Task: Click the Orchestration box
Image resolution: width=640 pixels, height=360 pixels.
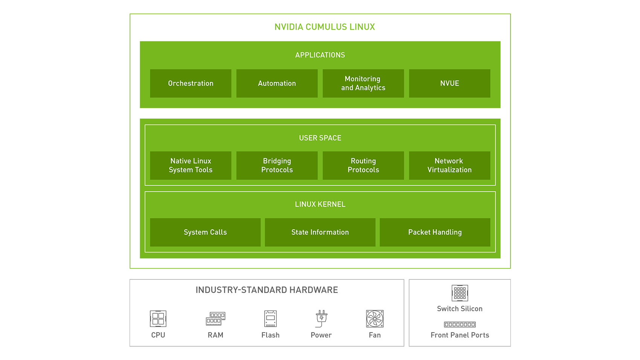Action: tap(190, 83)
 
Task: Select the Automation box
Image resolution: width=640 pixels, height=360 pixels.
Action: tap(277, 83)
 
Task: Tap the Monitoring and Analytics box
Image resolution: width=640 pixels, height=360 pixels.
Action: tap(363, 83)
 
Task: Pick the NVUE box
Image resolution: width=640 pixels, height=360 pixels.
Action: tap(450, 83)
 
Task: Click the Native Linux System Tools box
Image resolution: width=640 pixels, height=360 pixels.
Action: tap(190, 165)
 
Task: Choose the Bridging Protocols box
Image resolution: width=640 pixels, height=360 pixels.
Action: tap(277, 165)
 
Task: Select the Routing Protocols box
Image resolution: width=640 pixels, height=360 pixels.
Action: tap(363, 165)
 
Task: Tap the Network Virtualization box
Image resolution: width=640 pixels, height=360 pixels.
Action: tap(450, 165)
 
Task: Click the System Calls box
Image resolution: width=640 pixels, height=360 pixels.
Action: tap(205, 232)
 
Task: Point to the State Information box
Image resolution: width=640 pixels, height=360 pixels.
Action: tap(320, 232)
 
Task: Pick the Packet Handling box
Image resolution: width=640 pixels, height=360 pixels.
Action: tap(435, 232)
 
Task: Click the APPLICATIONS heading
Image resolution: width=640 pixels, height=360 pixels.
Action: tap(320, 55)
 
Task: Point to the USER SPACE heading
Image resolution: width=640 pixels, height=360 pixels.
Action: tap(320, 138)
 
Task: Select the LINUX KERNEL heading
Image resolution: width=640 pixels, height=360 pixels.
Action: tap(320, 204)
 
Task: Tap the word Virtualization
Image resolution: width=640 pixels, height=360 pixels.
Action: tap(450, 170)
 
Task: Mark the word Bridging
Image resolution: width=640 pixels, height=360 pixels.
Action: tap(277, 161)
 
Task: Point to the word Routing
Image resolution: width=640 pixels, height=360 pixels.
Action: tap(363, 161)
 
